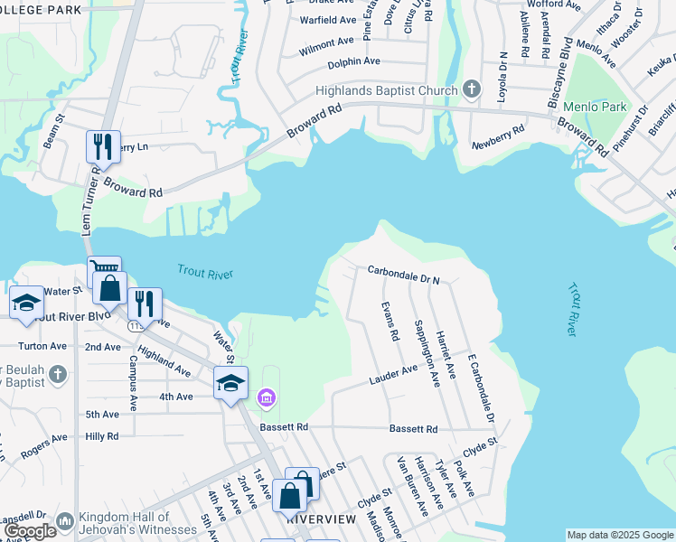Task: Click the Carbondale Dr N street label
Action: pyautogui.click(x=403, y=274)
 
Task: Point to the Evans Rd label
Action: pyautogui.click(x=390, y=322)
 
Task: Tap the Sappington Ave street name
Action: pyautogui.click(x=420, y=350)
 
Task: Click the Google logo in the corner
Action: pyautogui.click(x=31, y=531)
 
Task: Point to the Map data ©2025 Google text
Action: pyautogui.click(x=620, y=535)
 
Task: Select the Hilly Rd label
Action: pyautogui.click(x=101, y=436)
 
